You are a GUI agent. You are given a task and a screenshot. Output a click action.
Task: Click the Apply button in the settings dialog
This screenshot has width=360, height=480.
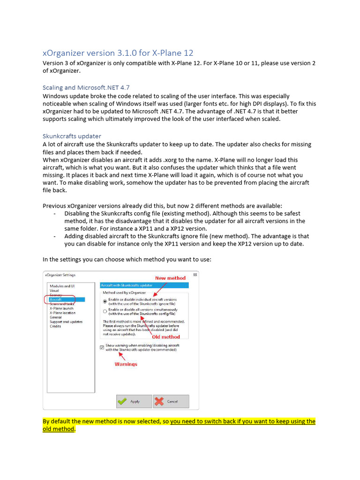coord(134,401)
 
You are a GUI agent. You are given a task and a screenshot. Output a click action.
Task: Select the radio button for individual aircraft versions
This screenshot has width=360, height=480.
coord(105,301)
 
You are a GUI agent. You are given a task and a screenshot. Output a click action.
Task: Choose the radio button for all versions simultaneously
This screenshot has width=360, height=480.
coord(105,311)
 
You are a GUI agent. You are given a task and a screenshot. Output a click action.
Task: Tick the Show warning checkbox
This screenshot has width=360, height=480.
coord(102,347)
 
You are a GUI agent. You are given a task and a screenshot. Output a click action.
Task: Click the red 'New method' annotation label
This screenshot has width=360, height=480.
coord(170,278)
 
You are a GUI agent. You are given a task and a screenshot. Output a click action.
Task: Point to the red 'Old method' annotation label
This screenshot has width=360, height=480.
coord(166,337)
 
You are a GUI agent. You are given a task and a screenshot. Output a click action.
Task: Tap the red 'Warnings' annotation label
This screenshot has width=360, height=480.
coord(126,364)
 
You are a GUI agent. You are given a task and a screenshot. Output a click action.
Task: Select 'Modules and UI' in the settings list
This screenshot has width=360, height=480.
coord(62,286)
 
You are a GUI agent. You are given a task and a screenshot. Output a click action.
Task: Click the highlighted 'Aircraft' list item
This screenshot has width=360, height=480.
coord(56,299)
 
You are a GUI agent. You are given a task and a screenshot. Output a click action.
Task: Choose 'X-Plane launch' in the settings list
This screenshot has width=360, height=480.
coord(61,308)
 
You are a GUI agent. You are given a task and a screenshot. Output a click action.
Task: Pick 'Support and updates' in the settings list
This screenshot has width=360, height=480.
coord(66,322)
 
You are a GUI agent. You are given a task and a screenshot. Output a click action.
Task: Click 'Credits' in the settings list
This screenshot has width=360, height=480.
coord(55,326)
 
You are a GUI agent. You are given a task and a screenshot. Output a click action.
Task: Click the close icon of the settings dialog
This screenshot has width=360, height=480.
coord(195,275)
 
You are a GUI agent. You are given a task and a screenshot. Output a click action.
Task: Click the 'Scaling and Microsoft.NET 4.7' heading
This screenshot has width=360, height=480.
coord(86,87)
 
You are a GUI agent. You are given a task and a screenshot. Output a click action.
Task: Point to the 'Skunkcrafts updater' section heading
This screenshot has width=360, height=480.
coord(72,136)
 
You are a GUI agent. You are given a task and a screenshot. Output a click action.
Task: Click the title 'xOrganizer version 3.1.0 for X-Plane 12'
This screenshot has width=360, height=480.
coord(118,53)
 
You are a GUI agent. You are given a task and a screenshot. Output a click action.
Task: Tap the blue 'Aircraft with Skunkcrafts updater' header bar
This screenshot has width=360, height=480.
coord(144,285)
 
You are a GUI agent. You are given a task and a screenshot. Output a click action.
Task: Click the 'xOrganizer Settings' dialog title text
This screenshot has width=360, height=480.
coord(60,275)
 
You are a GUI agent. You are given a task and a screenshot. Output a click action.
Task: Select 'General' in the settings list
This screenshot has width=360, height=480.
coord(56,317)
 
